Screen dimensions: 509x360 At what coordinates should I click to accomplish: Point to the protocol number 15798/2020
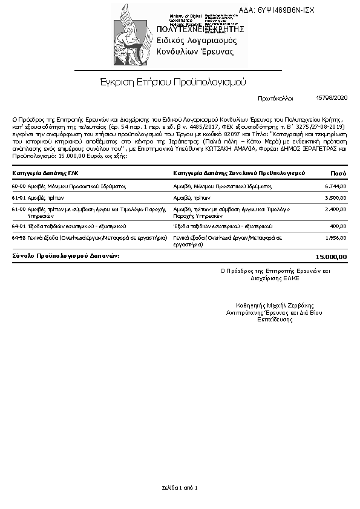click(332, 97)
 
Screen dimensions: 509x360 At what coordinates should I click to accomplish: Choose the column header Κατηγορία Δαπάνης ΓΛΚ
click(45, 173)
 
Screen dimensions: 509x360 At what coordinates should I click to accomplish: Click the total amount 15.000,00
click(331, 256)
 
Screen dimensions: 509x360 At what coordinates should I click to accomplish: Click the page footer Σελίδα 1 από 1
click(180, 487)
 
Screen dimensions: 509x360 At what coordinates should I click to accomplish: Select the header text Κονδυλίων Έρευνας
click(195, 52)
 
